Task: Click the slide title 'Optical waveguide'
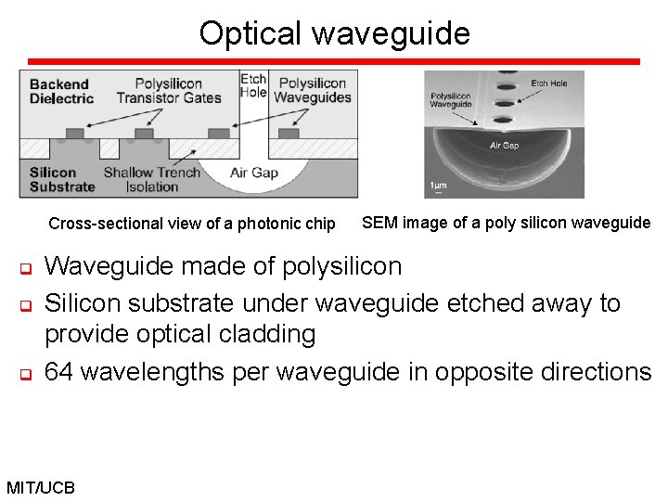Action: tap(334, 33)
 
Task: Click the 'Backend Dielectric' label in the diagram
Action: tap(61, 91)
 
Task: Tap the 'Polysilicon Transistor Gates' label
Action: tap(169, 91)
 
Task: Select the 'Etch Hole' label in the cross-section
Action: tap(253, 85)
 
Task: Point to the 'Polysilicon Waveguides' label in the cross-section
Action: tap(313, 91)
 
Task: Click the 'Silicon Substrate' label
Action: tap(61, 179)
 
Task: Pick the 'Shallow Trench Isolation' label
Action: tap(152, 179)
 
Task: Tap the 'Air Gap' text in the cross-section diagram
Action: tap(253, 173)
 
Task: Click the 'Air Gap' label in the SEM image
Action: tap(504, 146)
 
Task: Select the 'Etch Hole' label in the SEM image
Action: tap(548, 83)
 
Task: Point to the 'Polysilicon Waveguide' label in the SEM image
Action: tap(450, 100)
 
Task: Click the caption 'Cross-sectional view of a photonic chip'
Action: tap(192, 224)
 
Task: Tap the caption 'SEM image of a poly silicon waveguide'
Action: tap(506, 223)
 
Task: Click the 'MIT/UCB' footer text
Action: tap(40, 487)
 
